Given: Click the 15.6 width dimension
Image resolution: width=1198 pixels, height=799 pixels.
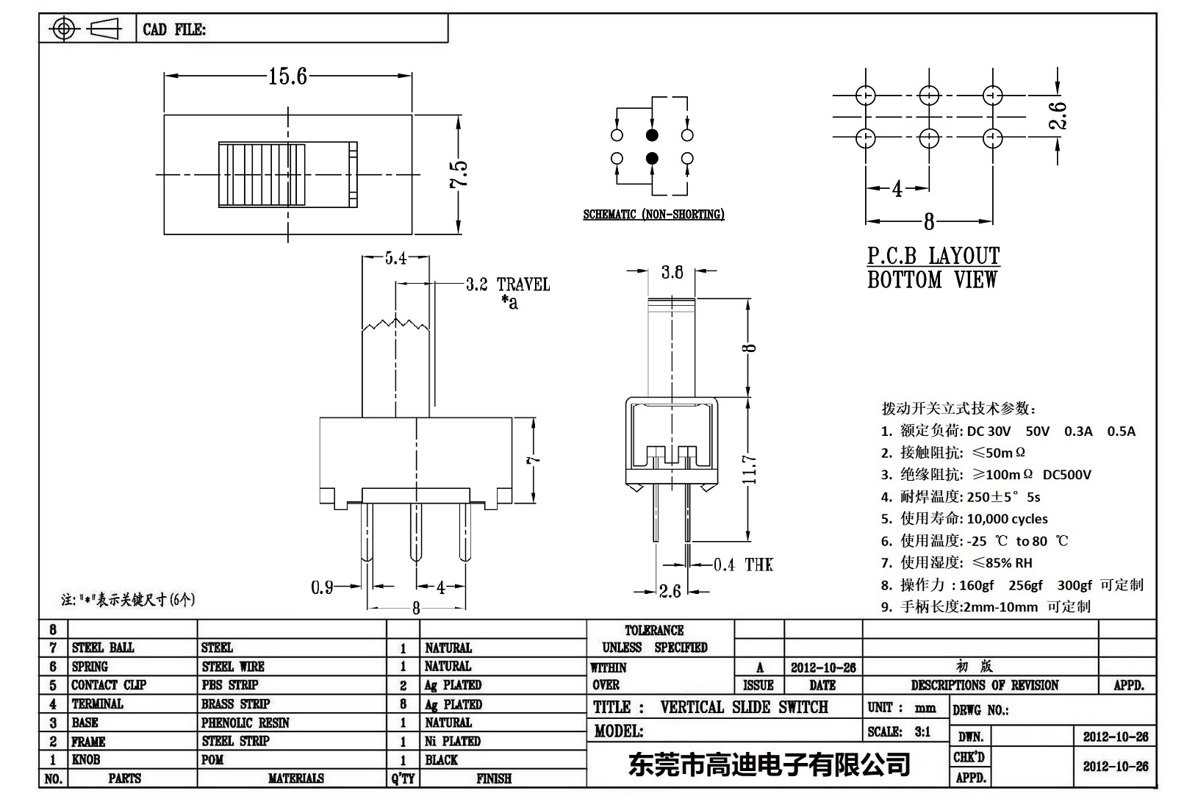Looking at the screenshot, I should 287,76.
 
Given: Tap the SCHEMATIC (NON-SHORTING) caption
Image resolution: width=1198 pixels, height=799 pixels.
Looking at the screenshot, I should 653,215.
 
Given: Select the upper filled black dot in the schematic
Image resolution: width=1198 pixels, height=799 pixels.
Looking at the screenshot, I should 652,135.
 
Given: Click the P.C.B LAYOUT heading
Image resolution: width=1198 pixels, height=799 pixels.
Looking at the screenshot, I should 933,256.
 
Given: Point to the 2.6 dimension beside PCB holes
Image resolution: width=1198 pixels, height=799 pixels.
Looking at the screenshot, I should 1058,116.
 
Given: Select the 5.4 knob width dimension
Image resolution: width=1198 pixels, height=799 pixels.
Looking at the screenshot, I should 395,258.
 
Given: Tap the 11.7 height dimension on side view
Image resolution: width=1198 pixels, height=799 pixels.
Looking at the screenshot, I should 750,470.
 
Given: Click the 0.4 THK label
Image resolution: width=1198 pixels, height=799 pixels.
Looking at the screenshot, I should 743,565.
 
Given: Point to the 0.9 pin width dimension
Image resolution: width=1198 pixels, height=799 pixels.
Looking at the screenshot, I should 322,587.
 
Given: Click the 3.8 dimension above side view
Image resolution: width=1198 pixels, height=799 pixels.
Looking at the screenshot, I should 672,273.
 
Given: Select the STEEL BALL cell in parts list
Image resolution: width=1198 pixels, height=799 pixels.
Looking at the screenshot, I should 103,648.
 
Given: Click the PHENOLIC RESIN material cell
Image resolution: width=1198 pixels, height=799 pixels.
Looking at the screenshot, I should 245,723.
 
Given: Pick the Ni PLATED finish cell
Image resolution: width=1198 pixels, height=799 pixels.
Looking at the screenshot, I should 452,741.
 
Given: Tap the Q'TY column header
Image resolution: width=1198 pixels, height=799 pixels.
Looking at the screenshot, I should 403,778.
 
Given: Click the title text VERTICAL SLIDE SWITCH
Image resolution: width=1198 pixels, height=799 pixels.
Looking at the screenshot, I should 744,707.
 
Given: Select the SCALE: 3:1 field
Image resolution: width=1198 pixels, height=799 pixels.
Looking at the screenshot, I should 899,731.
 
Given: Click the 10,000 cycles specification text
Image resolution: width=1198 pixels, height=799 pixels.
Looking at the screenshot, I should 1007,519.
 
